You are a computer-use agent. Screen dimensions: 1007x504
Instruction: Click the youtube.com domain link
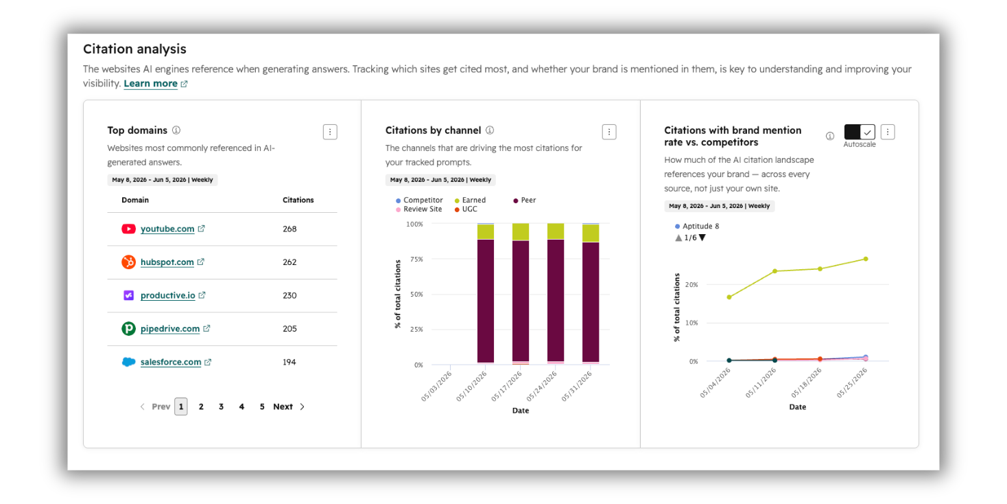point(167,229)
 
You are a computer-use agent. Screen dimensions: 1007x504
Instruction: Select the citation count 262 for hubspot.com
point(289,262)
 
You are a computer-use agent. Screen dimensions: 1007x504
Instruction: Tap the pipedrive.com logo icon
point(128,328)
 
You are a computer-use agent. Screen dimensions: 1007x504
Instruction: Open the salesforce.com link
point(171,362)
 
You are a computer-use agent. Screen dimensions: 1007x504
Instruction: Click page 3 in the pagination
point(221,406)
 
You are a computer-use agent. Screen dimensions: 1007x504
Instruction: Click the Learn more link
point(151,83)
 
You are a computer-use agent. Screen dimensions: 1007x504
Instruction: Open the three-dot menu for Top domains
point(330,132)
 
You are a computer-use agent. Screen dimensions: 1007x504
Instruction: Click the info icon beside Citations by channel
point(490,130)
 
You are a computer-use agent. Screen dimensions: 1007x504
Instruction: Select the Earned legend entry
point(471,200)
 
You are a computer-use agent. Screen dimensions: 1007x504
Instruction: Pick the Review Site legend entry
point(419,209)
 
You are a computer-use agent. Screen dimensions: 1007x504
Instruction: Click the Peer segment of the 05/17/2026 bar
point(521,301)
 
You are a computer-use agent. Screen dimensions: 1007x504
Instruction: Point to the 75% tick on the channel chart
point(414,259)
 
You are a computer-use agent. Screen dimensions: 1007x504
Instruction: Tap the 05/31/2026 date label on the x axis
point(577,386)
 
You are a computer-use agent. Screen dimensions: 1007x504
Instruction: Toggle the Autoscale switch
point(860,132)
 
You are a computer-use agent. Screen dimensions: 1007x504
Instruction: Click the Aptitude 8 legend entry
point(697,226)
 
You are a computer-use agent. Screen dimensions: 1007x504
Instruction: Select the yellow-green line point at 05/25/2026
point(866,259)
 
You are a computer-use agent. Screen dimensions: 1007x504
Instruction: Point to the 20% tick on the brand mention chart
point(691,284)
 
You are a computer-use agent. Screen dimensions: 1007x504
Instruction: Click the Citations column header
point(298,200)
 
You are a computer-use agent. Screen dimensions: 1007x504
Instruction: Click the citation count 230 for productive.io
point(289,295)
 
